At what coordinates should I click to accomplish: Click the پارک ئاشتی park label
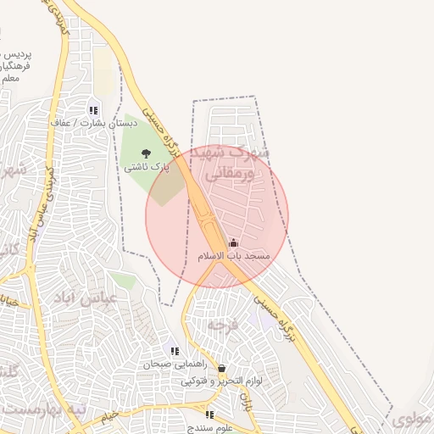(x=147, y=168)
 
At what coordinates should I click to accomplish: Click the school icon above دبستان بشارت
(x=92, y=110)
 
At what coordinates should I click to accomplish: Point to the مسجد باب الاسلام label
(x=233, y=255)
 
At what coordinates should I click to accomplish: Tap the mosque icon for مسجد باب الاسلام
(x=233, y=243)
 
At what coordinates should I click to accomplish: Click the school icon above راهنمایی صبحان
(x=174, y=351)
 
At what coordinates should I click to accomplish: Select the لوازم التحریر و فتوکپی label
(x=221, y=381)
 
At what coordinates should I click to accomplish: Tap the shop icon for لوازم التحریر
(x=221, y=369)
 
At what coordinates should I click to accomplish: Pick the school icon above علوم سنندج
(x=209, y=415)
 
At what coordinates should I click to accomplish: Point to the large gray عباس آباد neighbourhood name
(x=96, y=298)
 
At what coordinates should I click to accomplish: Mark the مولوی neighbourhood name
(x=413, y=417)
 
